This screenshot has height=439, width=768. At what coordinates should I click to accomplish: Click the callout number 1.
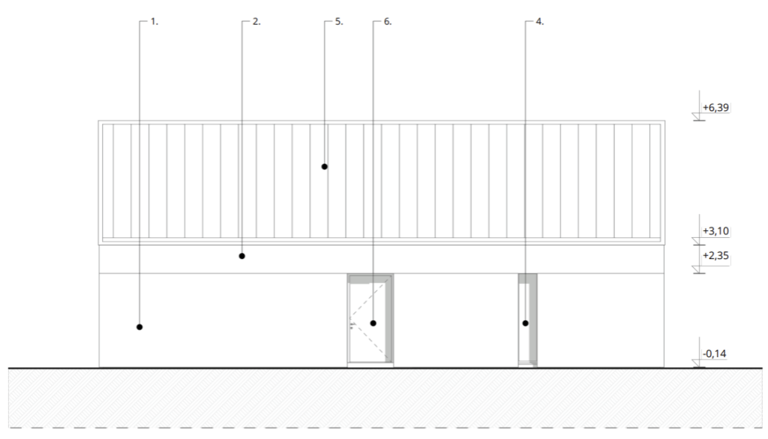[154, 22]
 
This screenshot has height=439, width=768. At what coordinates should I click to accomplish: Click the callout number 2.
[256, 22]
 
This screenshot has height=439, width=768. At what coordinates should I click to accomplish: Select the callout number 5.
[339, 22]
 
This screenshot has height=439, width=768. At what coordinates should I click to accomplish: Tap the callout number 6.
[387, 22]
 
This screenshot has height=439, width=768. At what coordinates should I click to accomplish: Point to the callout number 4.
[539, 22]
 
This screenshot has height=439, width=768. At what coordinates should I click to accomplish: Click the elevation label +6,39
[715, 108]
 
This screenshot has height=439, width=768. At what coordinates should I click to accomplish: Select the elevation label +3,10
[715, 230]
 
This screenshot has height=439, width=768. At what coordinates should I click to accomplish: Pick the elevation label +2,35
[715, 256]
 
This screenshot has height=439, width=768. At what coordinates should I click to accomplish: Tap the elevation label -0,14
[715, 353]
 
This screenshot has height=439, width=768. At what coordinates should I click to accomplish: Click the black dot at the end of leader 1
[139, 326]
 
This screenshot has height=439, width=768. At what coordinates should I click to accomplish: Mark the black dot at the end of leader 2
[241, 256]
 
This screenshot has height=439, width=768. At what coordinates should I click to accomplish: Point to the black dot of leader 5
[324, 166]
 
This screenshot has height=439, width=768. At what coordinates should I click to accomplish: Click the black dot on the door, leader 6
[373, 323]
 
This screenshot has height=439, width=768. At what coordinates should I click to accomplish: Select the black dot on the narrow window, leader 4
[525, 323]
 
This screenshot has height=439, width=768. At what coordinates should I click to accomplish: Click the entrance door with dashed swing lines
[370, 319]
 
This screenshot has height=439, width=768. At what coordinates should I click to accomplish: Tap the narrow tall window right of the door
[527, 319]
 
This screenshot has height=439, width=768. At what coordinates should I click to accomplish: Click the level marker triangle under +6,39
[697, 118]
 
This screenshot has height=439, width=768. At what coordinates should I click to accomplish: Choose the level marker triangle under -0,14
[697, 364]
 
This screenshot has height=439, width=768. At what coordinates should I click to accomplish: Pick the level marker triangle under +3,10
[697, 241]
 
